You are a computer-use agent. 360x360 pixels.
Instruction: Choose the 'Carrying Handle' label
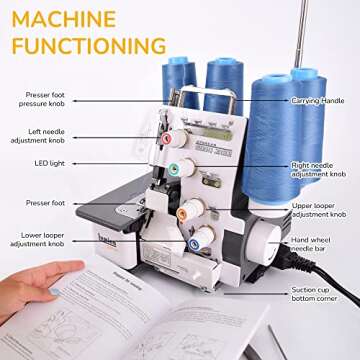318,101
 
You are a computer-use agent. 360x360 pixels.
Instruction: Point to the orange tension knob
185,211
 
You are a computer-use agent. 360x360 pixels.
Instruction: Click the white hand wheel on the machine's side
266,245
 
